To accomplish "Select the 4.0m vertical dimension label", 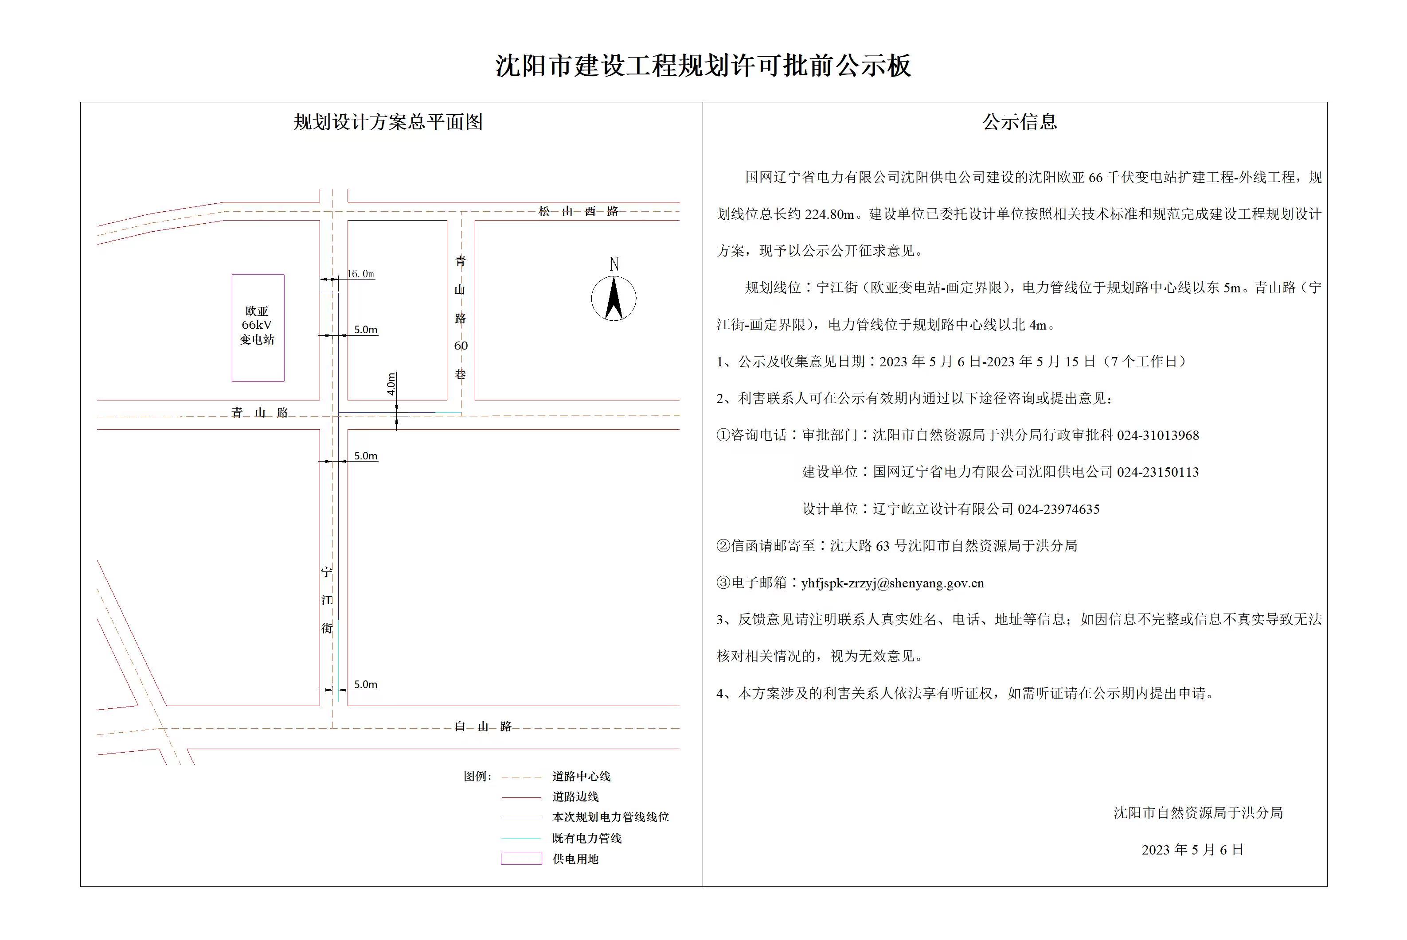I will [x=391, y=384].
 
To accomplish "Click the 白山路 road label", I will [x=483, y=726].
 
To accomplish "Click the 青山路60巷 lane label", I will [x=460, y=318].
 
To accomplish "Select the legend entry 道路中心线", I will [x=581, y=777].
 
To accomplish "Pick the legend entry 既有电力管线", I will [x=586, y=838].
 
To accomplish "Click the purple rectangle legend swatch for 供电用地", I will [x=521, y=859].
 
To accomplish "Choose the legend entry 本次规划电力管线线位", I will [x=610, y=817].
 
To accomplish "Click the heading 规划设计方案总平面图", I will [x=388, y=122].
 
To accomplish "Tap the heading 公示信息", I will [x=1020, y=122].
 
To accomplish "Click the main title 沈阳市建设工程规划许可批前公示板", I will [x=703, y=66].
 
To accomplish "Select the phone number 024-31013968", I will [x=1157, y=436].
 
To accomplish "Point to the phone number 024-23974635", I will [x=1059, y=509].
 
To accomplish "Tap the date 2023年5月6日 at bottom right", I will [x=1192, y=850].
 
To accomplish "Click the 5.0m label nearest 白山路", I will [x=365, y=684].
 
